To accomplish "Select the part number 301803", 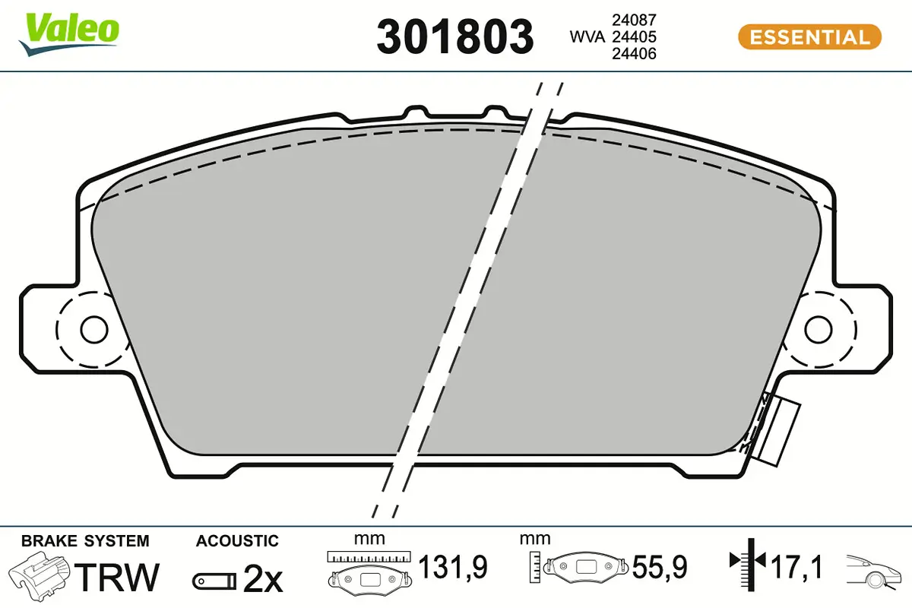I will tap(455, 36).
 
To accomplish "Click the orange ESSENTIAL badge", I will tap(809, 36).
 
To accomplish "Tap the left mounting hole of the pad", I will tap(94, 330).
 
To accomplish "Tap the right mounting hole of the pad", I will tap(819, 330).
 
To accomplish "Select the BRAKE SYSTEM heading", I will tap(85, 541).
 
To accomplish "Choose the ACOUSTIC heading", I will tap(237, 541).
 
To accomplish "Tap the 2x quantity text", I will tap(262, 581).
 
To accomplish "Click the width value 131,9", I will tap(453, 566).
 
